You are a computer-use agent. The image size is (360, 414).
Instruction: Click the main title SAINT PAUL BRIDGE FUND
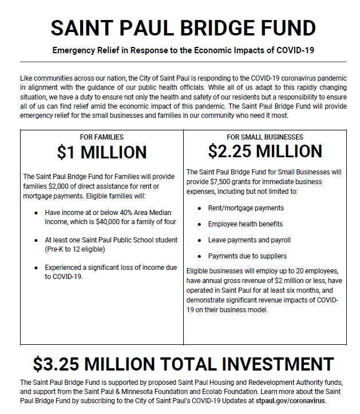tap(183, 27)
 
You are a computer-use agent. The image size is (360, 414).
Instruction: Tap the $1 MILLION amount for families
tap(102, 153)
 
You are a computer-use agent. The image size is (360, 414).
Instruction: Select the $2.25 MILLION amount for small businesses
tap(265, 152)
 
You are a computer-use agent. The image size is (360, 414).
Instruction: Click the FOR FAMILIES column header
tap(102, 137)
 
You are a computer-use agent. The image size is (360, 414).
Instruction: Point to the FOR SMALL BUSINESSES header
tap(265, 137)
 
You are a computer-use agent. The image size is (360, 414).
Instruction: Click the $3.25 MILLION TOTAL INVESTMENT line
tap(183, 364)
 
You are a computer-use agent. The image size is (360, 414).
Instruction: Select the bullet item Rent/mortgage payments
tap(246, 208)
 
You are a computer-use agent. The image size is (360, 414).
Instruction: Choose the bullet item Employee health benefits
tap(245, 224)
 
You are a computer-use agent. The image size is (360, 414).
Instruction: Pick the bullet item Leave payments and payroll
tap(249, 240)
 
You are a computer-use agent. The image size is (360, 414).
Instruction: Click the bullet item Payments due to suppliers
tap(247, 256)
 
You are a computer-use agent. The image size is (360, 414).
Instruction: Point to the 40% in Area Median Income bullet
tap(113, 212)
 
